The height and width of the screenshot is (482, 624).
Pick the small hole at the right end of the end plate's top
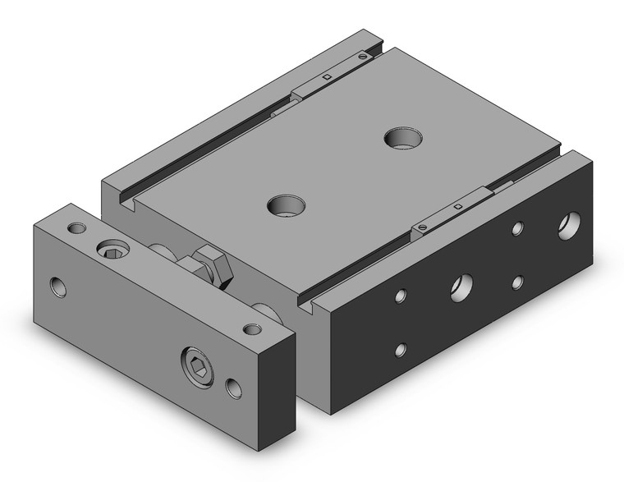(x=253, y=330)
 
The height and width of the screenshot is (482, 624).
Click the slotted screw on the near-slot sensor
(x=425, y=225)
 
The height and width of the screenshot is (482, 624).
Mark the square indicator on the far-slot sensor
(x=327, y=77)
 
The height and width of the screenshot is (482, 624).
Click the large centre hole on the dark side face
(x=460, y=287)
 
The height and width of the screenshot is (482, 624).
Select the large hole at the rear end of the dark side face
(x=568, y=225)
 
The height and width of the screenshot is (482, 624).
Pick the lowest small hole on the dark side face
(x=401, y=349)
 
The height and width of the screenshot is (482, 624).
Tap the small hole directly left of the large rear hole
(x=517, y=229)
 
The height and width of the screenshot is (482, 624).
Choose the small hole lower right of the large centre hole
(x=518, y=282)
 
